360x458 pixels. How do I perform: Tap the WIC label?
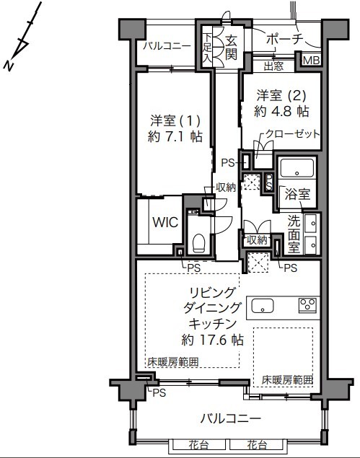point(165,222)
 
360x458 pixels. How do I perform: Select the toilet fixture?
point(198,242)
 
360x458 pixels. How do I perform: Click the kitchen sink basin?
point(263,306)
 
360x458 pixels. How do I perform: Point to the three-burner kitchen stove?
point(307,305)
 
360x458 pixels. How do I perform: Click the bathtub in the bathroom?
point(297,168)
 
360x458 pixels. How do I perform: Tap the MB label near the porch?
point(311,61)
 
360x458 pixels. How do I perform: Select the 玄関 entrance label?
point(231,48)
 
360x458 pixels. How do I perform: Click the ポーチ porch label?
point(283,39)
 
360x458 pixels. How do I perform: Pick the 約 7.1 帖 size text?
point(175,136)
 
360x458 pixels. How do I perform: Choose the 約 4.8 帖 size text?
point(281,111)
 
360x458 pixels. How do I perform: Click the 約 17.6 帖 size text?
point(212,340)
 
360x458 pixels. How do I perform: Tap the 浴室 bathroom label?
point(297,195)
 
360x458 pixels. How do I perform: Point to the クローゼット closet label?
point(292,133)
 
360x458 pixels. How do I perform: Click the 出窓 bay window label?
point(274,66)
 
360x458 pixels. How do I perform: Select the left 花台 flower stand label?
point(198,445)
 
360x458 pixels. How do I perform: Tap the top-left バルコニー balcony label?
point(167,46)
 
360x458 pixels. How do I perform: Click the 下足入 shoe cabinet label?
point(208,47)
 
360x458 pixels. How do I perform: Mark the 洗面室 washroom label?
point(294,234)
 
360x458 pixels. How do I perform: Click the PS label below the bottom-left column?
point(159,393)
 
